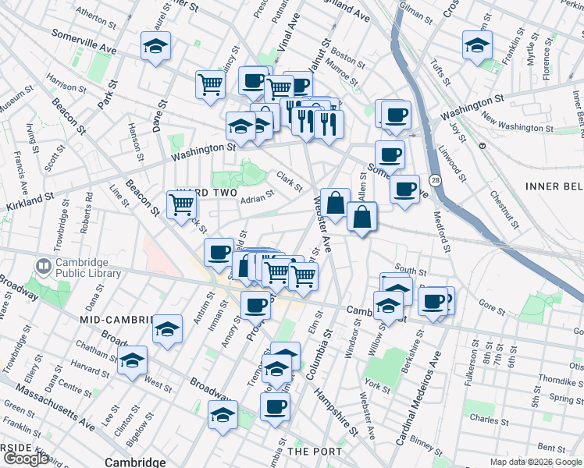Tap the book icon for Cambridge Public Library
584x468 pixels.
[43, 268]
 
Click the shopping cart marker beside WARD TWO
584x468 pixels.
[181, 205]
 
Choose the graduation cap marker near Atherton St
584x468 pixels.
[156, 46]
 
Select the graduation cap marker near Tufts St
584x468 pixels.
[476, 45]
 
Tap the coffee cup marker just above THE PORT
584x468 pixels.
[275, 406]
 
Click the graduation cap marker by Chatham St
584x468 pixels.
[133, 360]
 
